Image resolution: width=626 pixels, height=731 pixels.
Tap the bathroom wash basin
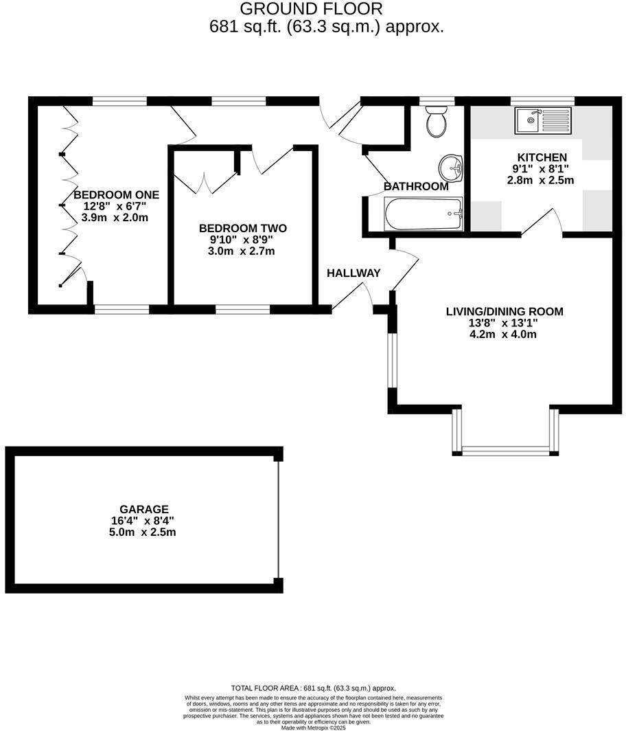point(452,166)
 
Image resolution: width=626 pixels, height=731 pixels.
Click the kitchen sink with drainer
point(543,120)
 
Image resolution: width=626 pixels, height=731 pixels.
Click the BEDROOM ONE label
point(111,194)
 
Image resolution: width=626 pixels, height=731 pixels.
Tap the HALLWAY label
point(353,273)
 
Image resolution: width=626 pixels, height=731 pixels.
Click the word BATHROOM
point(416,186)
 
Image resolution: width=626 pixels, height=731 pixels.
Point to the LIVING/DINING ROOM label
point(505,311)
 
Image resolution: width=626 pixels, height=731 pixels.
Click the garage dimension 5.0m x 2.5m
point(143,532)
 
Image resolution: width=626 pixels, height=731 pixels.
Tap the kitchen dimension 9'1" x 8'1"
point(542,169)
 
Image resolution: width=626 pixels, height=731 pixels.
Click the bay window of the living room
point(505,451)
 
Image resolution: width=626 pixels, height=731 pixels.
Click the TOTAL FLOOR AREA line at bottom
point(313,688)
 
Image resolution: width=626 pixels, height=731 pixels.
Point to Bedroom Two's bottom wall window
point(243,309)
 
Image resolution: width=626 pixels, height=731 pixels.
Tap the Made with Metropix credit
point(313,727)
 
